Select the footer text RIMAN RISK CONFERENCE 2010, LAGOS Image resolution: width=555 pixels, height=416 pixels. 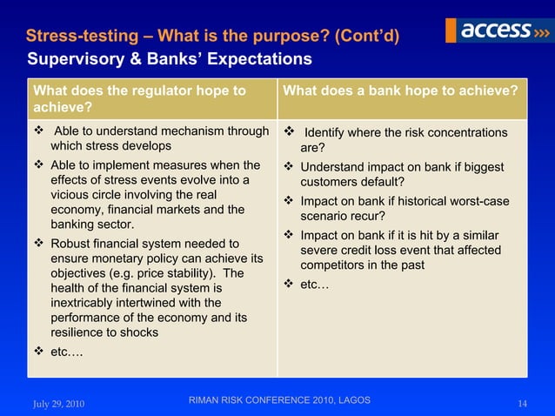[278, 400]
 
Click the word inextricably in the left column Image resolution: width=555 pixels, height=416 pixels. [90, 302]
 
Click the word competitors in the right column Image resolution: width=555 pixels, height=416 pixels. [336, 265]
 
